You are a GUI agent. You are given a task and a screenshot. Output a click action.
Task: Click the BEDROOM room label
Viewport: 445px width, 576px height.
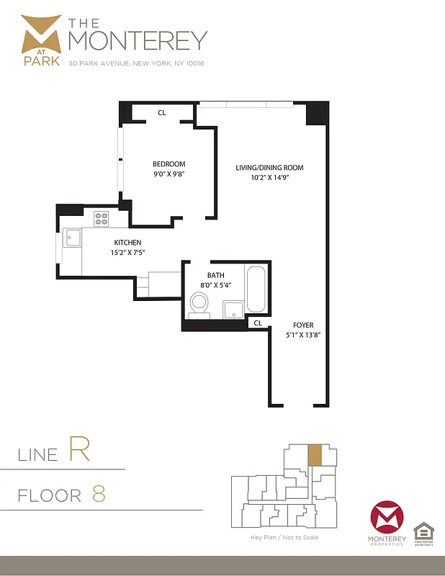(x=169, y=164)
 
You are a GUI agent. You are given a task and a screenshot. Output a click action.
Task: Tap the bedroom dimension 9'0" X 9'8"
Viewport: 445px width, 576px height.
(x=169, y=174)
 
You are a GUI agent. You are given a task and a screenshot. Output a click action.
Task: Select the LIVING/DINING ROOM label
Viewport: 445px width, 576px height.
(x=270, y=168)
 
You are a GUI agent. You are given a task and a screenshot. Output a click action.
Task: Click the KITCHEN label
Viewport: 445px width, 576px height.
(x=127, y=243)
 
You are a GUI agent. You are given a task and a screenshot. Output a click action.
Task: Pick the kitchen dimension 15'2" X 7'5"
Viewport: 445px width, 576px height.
(x=127, y=253)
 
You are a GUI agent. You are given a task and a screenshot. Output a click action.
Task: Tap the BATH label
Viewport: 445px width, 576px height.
(x=216, y=275)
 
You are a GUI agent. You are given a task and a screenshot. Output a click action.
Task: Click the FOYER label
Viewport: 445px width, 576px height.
(x=303, y=325)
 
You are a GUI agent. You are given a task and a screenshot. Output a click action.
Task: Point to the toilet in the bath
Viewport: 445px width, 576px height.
(x=199, y=305)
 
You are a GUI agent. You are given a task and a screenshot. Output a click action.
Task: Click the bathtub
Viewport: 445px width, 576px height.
(x=256, y=289)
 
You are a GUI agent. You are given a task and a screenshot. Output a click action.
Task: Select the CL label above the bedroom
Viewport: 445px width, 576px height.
(x=162, y=112)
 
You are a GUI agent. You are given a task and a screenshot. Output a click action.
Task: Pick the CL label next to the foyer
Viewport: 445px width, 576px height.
(x=257, y=324)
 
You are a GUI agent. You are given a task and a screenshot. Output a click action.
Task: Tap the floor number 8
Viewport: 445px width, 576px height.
(x=99, y=495)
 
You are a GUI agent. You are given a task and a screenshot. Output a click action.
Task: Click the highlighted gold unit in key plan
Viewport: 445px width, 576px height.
(x=314, y=455)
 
